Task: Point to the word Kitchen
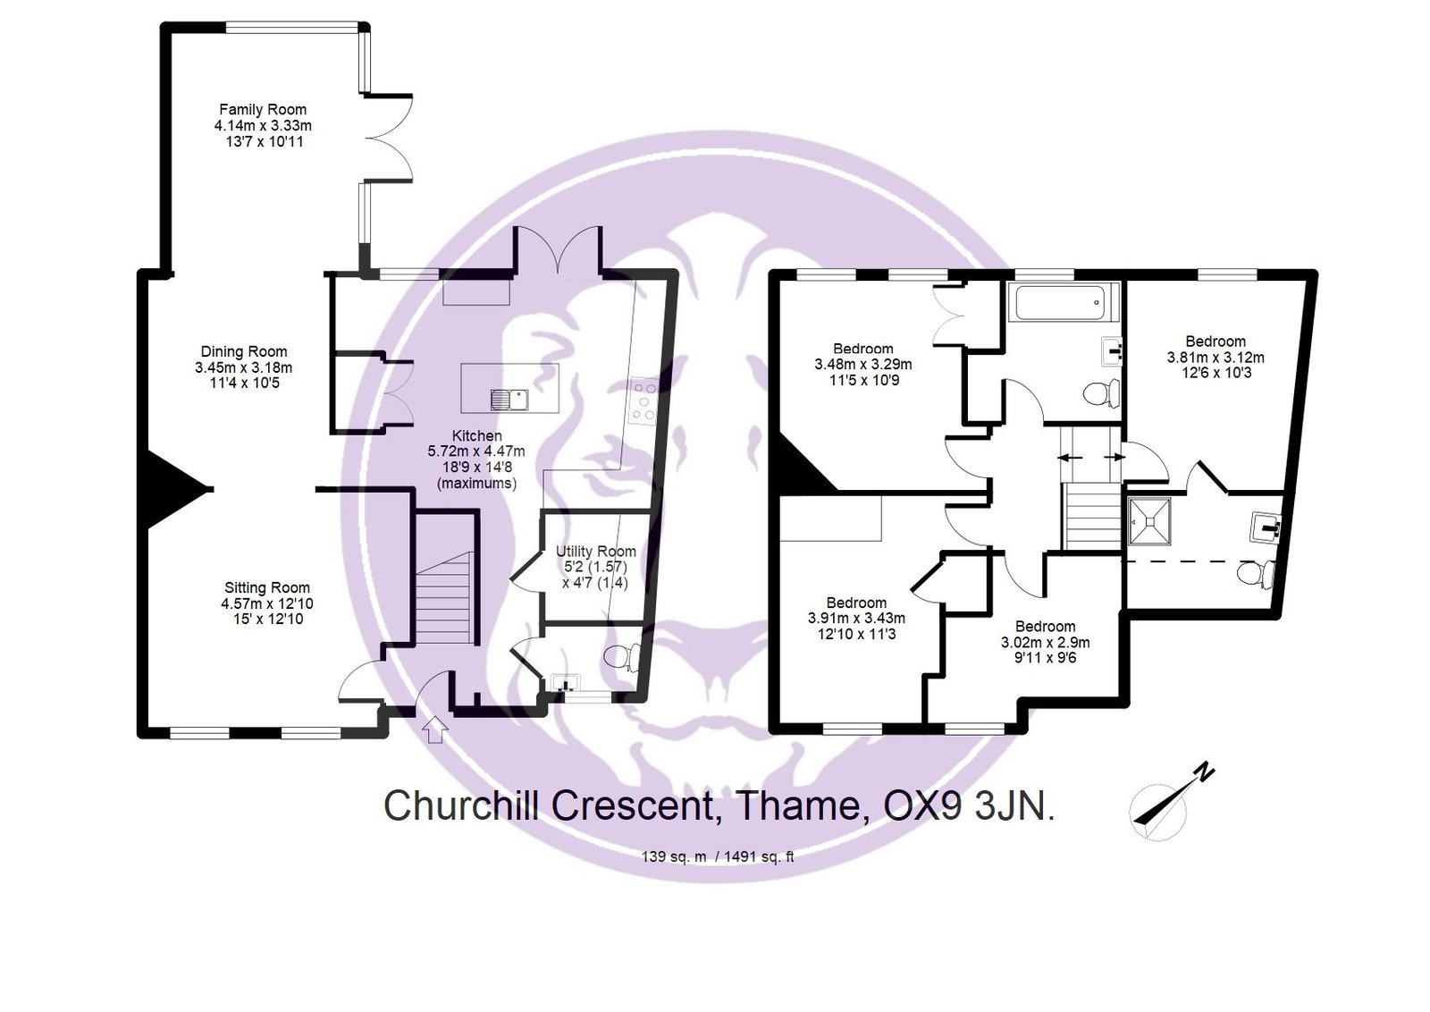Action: (476, 435)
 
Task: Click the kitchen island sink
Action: (509, 398)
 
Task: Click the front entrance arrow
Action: (435, 729)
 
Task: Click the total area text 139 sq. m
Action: (674, 856)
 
